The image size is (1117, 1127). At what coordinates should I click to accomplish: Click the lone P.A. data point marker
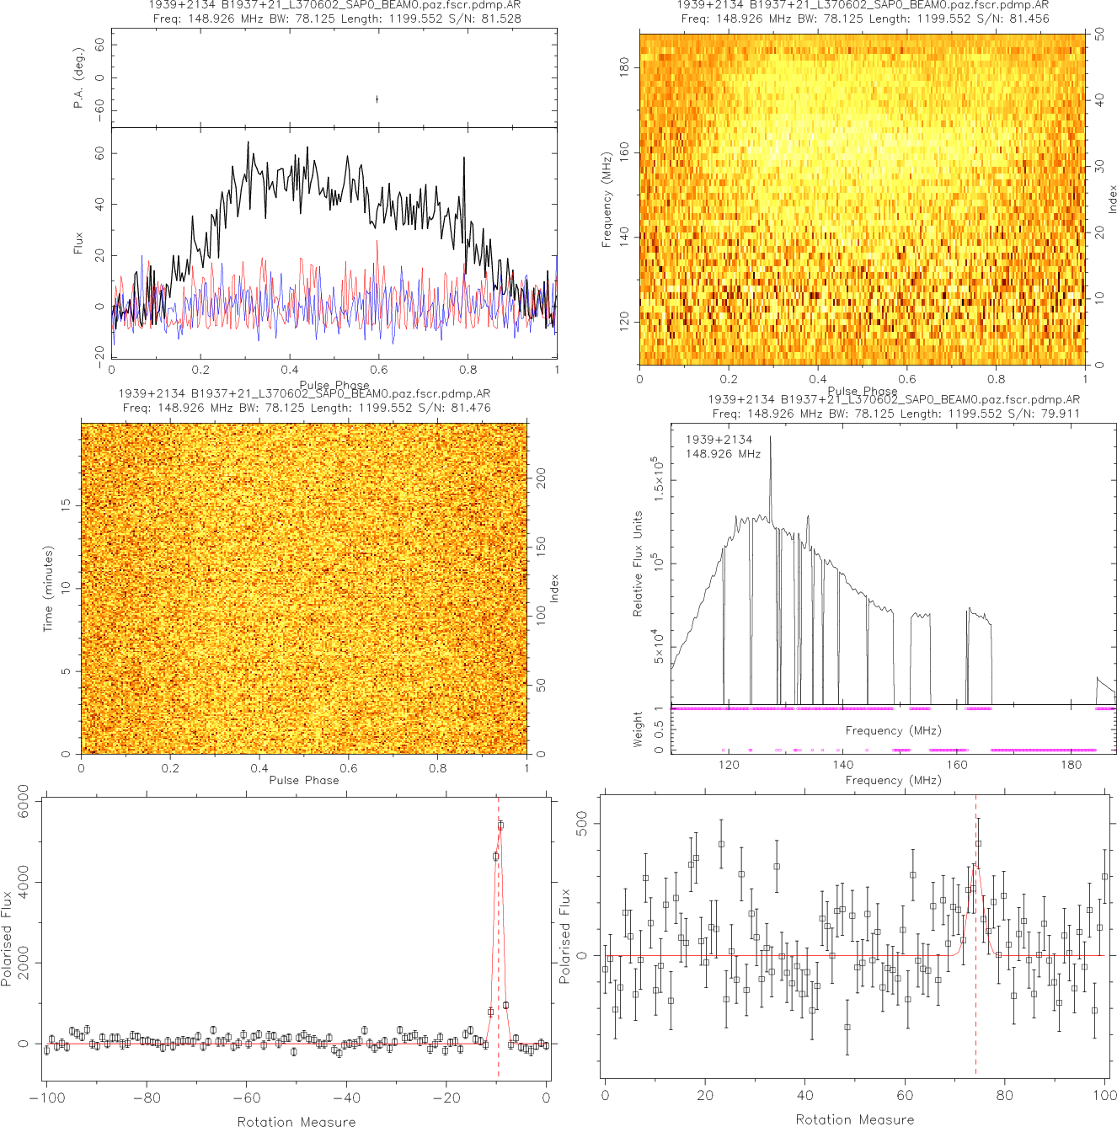coord(377,99)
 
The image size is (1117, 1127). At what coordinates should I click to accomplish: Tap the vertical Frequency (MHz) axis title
coord(606,200)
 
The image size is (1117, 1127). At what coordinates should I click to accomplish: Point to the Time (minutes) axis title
coord(48,588)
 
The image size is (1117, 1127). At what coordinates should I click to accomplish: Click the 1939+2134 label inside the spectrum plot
coord(719,440)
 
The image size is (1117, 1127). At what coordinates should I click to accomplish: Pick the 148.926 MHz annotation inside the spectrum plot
coord(723,454)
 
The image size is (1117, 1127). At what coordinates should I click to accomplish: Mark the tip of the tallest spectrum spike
coord(770,436)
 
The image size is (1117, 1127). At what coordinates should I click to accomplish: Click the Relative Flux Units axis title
coord(638,563)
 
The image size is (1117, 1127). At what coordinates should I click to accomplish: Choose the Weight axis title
coord(638,729)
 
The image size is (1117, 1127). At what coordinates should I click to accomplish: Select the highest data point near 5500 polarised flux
coord(500,825)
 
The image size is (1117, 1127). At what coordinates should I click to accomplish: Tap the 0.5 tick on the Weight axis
coord(658,726)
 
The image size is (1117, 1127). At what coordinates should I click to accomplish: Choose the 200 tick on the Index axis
coord(542,478)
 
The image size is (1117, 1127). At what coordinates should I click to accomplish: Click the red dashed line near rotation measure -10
coord(498,927)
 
